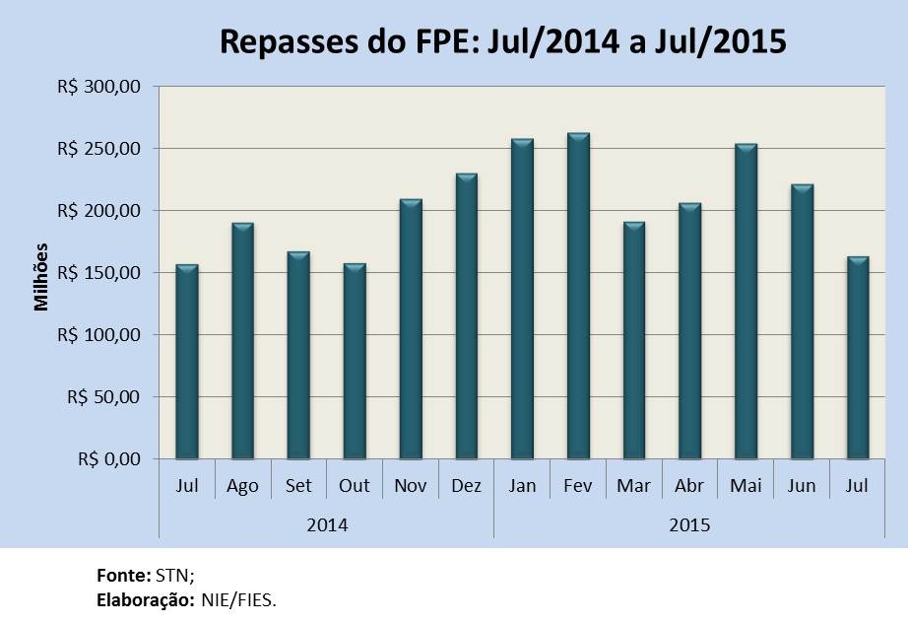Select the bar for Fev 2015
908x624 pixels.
[x=578, y=296]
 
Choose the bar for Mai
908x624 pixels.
[x=746, y=302]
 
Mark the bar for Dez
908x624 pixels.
[x=466, y=316]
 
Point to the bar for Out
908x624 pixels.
[x=354, y=361]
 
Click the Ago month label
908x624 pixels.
[x=242, y=486]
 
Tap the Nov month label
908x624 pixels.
[x=410, y=486]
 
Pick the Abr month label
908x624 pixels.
[x=689, y=486]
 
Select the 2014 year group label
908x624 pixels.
[x=327, y=524]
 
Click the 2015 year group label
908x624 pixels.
[x=689, y=524]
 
